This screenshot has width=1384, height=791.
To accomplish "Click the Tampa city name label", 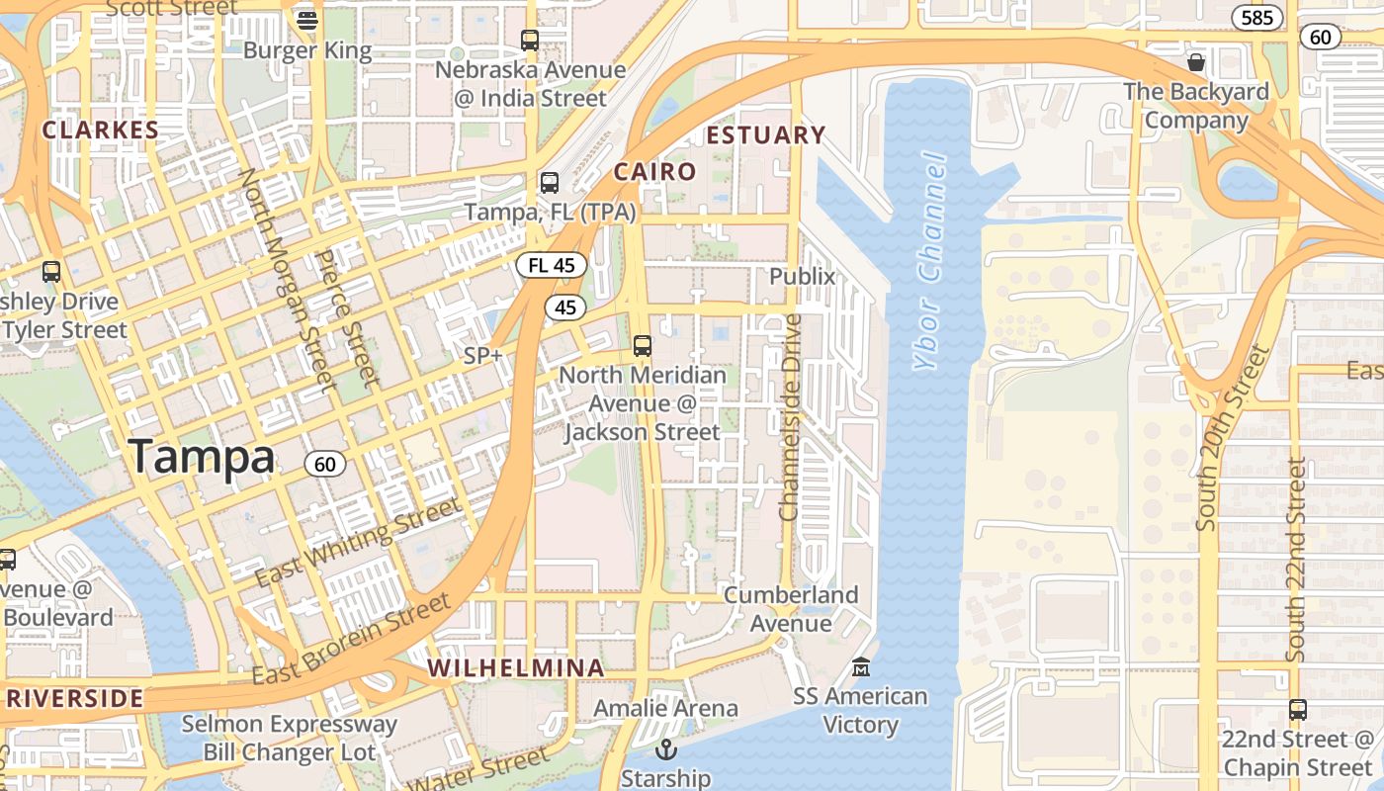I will pos(202,457).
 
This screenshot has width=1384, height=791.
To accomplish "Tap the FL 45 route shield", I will pos(551,265).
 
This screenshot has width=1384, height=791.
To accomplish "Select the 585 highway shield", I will pos(1256,17).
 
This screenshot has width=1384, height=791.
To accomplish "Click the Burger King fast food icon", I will pos(307,20).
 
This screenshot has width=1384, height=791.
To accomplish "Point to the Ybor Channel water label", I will pos(930,262).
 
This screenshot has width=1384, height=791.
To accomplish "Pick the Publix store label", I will pos(803,276).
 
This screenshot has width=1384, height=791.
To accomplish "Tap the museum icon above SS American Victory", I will pos(861,667).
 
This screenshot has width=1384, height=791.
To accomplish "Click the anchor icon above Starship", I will pos(665,748).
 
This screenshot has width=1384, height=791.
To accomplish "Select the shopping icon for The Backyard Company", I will pos(1196,62).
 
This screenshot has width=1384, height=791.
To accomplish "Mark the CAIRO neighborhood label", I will pos(654,171).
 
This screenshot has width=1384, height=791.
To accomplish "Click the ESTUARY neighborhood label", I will pos(766,134).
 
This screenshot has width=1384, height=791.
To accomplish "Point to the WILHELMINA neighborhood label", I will pos(516,667).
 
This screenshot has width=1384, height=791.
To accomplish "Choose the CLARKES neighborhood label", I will pos(100,130).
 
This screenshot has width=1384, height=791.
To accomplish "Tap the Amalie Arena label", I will pos(665,708).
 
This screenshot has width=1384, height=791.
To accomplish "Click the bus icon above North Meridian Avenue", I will pos(643,346).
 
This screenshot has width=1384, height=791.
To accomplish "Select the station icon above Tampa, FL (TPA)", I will pos(549,183).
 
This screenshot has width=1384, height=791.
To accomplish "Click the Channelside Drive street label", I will pos(789,417).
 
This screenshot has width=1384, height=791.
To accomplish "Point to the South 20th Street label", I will pos(1231,437).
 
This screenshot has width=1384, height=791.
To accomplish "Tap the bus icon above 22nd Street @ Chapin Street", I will pos(1298,710).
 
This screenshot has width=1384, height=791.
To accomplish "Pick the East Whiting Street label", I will pos(357,543).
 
